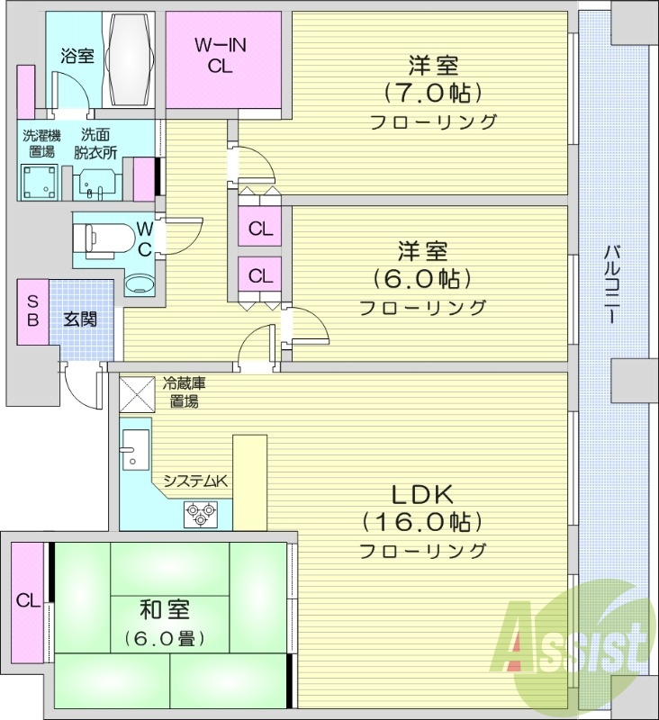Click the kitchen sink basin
(x=136, y=447)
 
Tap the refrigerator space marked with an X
(x=138, y=392)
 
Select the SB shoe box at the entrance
(x=32, y=311)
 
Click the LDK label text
(x=424, y=494)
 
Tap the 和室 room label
(x=165, y=609)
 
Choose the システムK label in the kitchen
(x=194, y=481)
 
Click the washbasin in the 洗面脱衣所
(x=94, y=184)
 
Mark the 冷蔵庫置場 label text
(x=185, y=391)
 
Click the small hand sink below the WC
(x=140, y=283)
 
